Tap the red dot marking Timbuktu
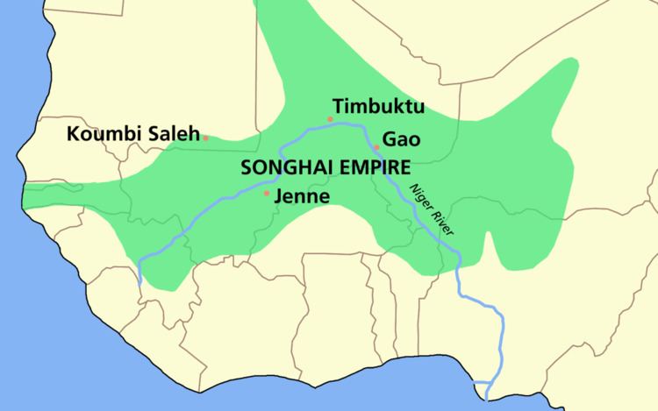[330, 118]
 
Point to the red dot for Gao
[375, 146]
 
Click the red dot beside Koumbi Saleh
[205, 138]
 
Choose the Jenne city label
[301, 196]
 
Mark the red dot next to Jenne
[267, 193]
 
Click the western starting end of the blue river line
[139, 283]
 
